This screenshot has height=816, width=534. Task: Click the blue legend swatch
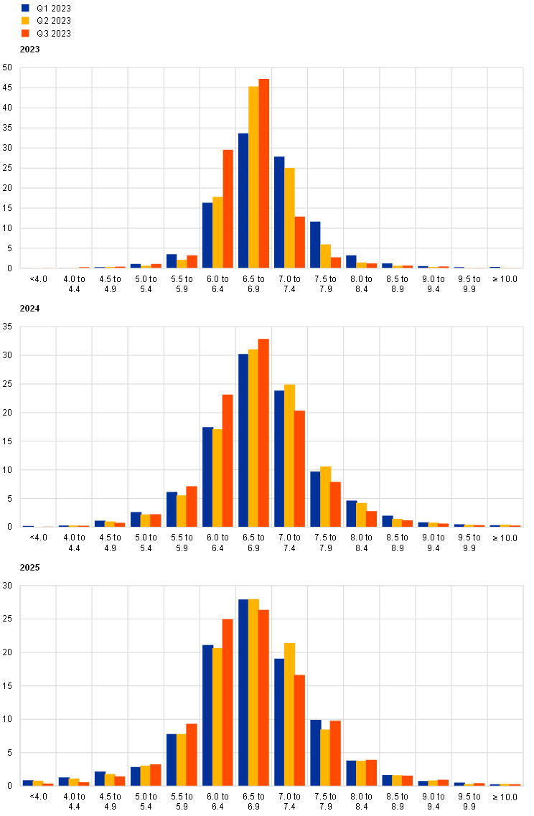[x=25, y=9]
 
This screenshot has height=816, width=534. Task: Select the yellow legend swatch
[x=25, y=21]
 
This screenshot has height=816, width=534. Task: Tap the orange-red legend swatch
[x=25, y=33]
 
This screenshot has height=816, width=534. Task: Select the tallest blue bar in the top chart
[x=243, y=201]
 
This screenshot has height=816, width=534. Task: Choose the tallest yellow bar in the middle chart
[x=253, y=438]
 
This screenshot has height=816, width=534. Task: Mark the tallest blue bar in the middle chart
[x=243, y=441]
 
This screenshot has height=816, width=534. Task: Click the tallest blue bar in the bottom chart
[x=243, y=693]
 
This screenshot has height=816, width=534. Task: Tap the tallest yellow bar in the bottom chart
[x=253, y=693]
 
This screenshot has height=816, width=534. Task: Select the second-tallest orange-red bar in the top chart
[x=228, y=209]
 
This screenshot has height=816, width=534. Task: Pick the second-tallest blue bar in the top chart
[x=279, y=212]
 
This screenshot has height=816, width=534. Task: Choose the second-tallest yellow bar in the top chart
[x=289, y=218]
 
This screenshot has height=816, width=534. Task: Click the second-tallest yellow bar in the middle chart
[x=289, y=456]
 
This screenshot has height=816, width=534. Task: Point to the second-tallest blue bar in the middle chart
[x=279, y=459]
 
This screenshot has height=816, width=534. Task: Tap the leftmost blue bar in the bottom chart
[x=27, y=783]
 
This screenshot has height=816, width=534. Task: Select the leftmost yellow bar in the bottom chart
[x=38, y=783]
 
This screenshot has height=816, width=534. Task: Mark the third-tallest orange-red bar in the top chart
[x=300, y=243]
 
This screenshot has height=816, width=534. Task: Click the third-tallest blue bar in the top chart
[x=207, y=235]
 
